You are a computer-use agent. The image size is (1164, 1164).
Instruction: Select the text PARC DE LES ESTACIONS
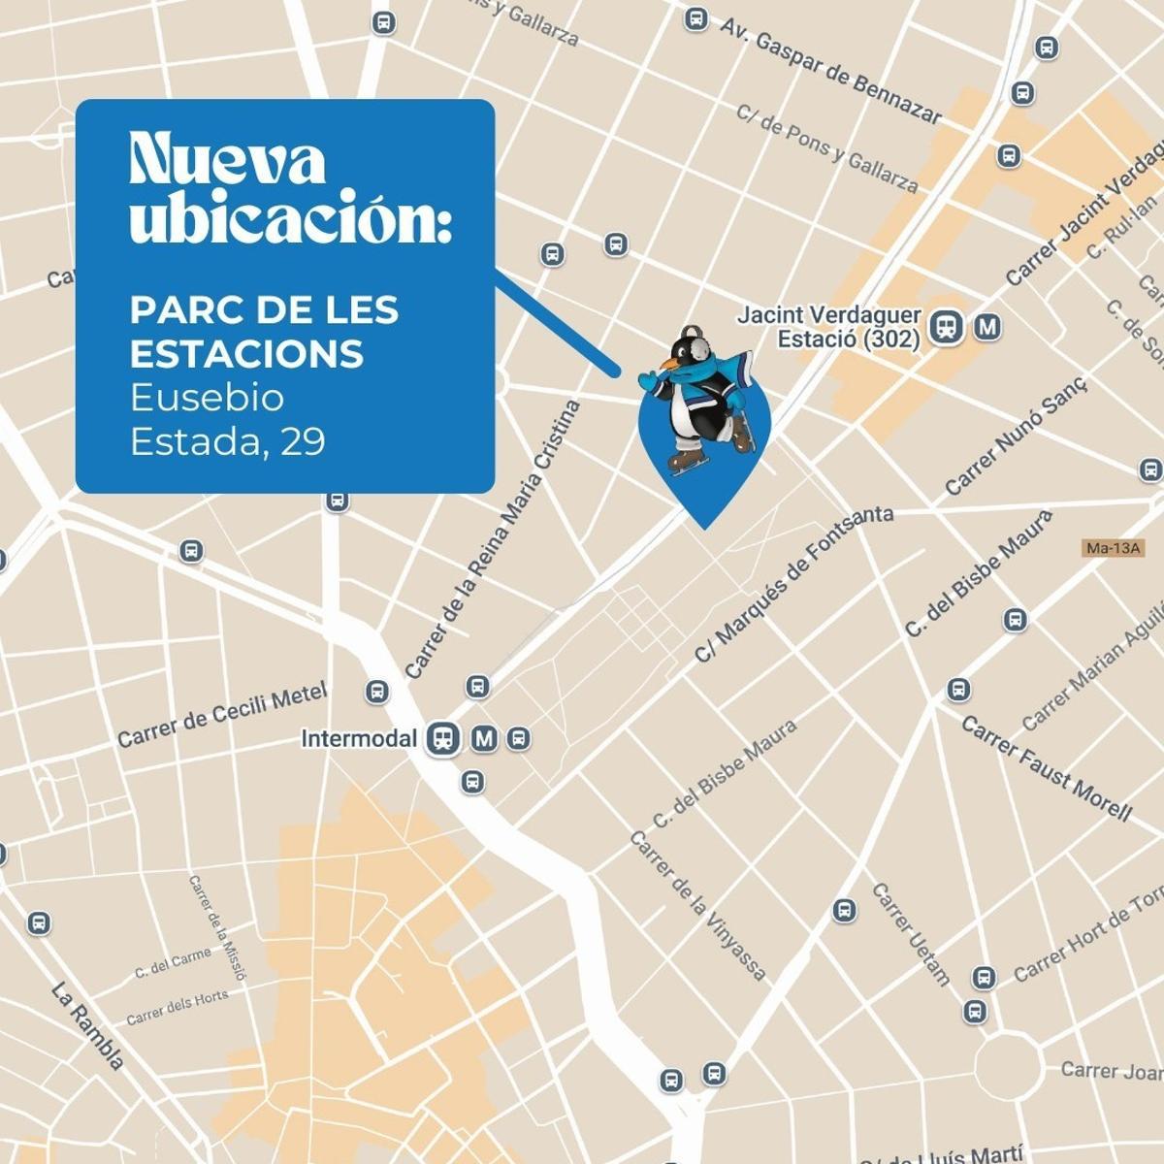pyautogui.click(x=264, y=332)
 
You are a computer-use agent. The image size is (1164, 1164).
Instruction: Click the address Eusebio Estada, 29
pyautogui.click(x=228, y=419)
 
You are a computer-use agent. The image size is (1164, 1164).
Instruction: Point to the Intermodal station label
pyautogui.click(x=358, y=739)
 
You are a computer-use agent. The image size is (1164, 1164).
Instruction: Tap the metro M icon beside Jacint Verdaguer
pyautogui.click(x=987, y=328)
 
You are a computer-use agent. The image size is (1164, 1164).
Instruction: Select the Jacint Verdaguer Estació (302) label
pyautogui.click(x=828, y=327)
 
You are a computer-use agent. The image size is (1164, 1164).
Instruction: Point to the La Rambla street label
pyautogui.click(x=88, y=1027)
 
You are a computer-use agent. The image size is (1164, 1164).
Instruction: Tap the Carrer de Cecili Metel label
pyautogui.click(x=222, y=715)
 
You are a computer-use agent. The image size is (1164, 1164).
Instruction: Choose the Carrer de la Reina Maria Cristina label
pyautogui.click(x=494, y=539)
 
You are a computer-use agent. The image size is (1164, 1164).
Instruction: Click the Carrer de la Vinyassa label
pyautogui.click(x=698, y=906)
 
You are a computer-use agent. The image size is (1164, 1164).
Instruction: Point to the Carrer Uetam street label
pyautogui.click(x=911, y=933)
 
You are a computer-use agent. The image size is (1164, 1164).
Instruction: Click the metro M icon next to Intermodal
pyautogui.click(x=484, y=739)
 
